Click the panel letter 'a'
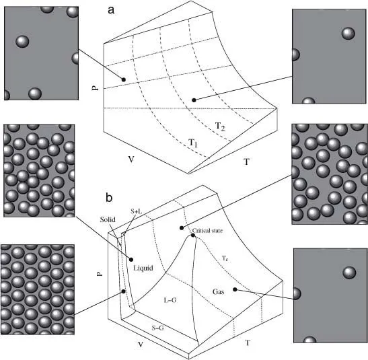pos(111,10)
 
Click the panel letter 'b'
pos(109,197)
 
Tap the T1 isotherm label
pos(193,143)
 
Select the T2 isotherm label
pos(220,127)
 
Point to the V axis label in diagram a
pos(131,159)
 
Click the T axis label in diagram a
pos(246,161)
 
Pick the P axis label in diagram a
pos(96,87)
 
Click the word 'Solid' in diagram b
pos(108,219)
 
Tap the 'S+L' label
pos(137,211)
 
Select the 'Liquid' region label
pos(143,268)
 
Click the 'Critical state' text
pos(207,231)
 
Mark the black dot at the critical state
pos(193,235)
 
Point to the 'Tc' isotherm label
pos(225,258)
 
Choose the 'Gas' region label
pos(218,292)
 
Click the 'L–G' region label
pos(170,299)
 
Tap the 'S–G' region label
pos(157,328)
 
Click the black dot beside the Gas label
pos(235,289)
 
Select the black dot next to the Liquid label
pos(131,259)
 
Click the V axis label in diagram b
pos(141,345)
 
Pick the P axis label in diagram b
pos(100,274)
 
